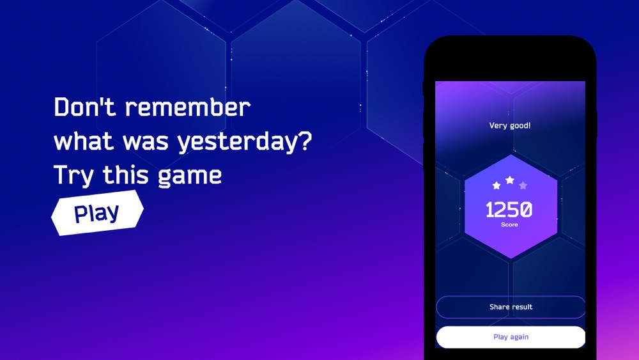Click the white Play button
click(97, 213)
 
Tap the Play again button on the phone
click(511, 337)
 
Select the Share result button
click(511, 307)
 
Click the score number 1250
click(509, 210)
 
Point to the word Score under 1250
click(509, 224)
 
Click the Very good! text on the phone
click(510, 125)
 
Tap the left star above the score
click(497, 185)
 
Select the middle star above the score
click(510, 180)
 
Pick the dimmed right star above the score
click(523, 185)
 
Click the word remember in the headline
click(187, 107)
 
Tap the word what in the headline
click(84, 141)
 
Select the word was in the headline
click(146, 143)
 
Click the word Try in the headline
click(73, 176)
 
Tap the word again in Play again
click(520, 338)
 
